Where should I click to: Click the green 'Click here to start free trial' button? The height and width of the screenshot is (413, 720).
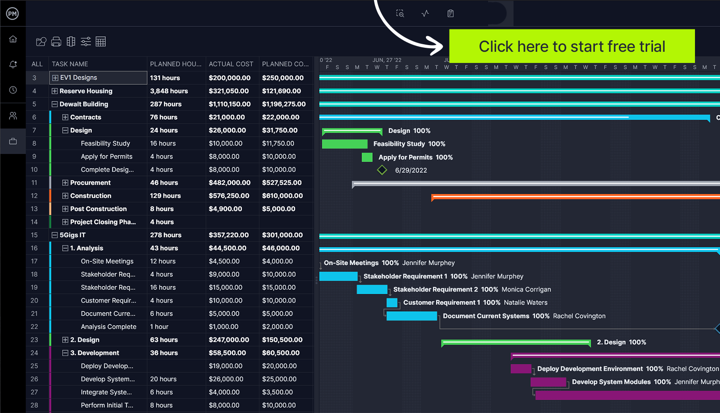click(x=572, y=46)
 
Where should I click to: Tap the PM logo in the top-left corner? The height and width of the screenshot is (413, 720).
click(x=13, y=13)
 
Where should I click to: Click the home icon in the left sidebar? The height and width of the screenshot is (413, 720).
click(x=13, y=39)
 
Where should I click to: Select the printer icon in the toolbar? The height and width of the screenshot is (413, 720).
click(x=56, y=42)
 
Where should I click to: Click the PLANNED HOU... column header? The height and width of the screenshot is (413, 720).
click(x=176, y=64)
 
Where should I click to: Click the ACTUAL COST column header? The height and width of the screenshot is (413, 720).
click(x=231, y=64)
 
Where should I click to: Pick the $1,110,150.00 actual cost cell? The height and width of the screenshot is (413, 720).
click(x=230, y=104)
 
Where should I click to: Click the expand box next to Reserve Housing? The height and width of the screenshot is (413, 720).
click(x=55, y=91)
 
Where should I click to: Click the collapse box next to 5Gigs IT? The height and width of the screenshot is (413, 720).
click(x=55, y=235)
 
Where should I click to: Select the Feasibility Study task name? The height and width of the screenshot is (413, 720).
click(x=105, y=143)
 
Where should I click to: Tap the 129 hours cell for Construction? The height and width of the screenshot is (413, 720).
click(x=165, y=196)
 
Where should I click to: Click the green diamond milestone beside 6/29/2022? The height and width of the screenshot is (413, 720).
click(x=382, y=170)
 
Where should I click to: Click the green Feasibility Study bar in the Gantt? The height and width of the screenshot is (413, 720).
click(x=345, y=144)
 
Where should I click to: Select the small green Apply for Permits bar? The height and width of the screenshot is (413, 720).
click(x=367, y=157)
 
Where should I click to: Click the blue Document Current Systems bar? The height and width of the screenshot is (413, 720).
click(x=412, y=316)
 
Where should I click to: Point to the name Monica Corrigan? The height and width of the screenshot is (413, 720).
click(x=526, y=289)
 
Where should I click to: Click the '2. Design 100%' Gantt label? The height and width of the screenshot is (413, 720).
click(x=621, y=342)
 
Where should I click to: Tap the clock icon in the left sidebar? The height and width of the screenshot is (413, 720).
click(x=13, y=90)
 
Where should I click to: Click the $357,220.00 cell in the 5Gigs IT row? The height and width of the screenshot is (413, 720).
click(x=229, y=235)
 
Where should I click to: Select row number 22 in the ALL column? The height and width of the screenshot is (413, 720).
click(x=34, y=327)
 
